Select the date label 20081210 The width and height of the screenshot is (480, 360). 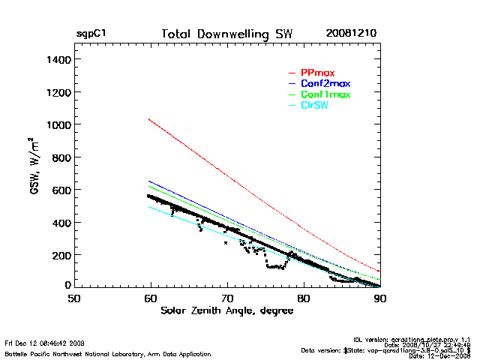click(351, 34)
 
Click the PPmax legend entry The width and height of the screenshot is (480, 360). click(317, 72)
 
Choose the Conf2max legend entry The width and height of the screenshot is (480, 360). click(325, 83)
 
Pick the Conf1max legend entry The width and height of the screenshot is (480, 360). click(325, 94)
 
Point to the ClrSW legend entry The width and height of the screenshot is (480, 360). click(314, 106)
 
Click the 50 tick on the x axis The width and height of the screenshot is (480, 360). click(74, 298)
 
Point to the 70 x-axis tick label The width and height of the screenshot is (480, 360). click(227, 298)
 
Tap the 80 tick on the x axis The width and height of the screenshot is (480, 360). click(304, 298)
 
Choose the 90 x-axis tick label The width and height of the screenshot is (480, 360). click(381, 298)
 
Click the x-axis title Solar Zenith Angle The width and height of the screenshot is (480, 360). click(226, 311)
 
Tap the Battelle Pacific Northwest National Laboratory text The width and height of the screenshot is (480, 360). click(107, 353)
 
